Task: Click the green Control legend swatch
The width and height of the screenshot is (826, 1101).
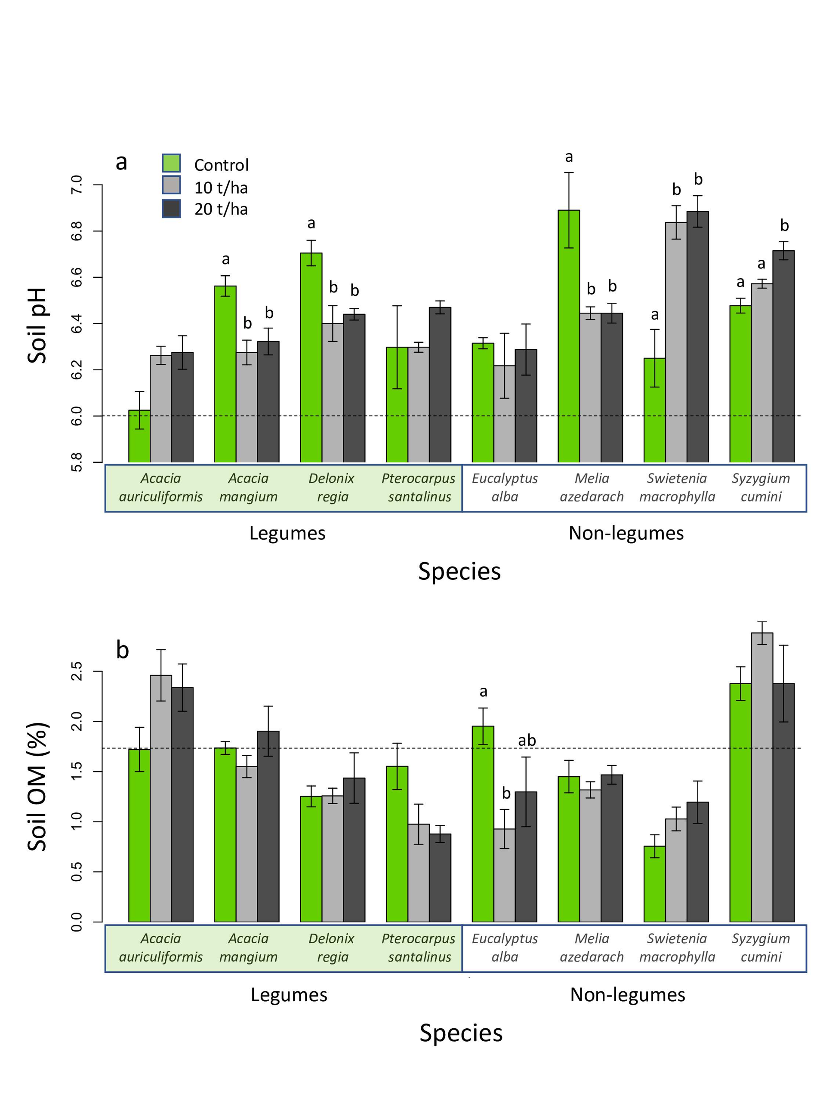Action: (x=171, y=163)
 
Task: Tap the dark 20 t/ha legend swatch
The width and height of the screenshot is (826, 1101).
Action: (x=171, y=209)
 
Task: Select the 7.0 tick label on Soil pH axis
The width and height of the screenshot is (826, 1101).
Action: (x=77, y=185)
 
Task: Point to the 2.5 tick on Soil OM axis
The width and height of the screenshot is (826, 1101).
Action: (x=77, y=671)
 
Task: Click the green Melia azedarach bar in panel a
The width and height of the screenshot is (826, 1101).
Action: (x=569, y=336)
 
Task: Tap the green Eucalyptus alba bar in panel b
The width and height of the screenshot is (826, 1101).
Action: (x=483, y=824)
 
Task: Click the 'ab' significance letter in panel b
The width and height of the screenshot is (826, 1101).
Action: (x=527, y=741)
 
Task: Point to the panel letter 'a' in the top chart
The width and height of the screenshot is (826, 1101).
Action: (x=121, y=162)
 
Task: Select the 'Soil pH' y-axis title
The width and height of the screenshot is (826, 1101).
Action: (x=37, y=326)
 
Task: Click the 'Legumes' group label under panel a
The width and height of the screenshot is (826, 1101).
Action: (x=287, y=533)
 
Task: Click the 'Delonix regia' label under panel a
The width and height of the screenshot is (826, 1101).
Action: (x=332, y=487)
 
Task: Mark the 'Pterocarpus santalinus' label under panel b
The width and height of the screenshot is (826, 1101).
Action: (x=419, y=948)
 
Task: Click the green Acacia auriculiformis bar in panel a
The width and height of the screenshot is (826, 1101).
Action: (x=139, y=436)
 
